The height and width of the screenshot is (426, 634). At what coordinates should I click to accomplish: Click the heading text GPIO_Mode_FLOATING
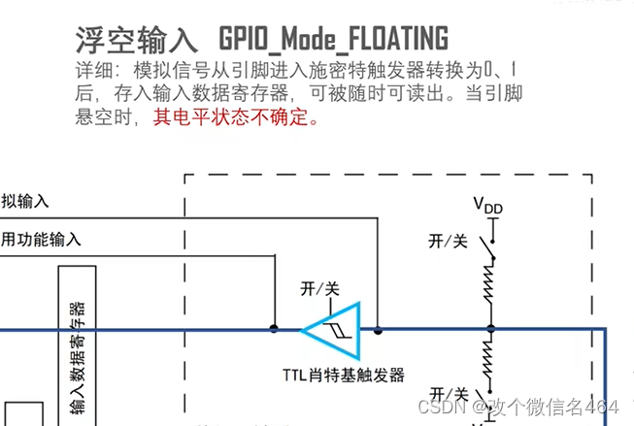coord(333,38)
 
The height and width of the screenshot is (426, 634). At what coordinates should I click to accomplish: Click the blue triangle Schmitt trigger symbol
coord(333,328)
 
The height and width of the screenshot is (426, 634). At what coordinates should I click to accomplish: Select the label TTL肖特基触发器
coord(343,375)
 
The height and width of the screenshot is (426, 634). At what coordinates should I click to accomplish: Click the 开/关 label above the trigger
coord(319,288)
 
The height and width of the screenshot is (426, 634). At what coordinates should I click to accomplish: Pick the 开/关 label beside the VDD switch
coord(448,239)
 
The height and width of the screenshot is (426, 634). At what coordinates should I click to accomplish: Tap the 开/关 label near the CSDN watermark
coord(449,393)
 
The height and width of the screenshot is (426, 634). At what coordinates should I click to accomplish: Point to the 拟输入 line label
coord(24,201)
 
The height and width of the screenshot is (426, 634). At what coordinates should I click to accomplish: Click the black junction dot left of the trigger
coord(275,329)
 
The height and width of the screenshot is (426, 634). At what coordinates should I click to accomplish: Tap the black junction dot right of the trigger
coord(378,329)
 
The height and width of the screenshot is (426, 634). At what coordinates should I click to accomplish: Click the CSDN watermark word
coord(424,407)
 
